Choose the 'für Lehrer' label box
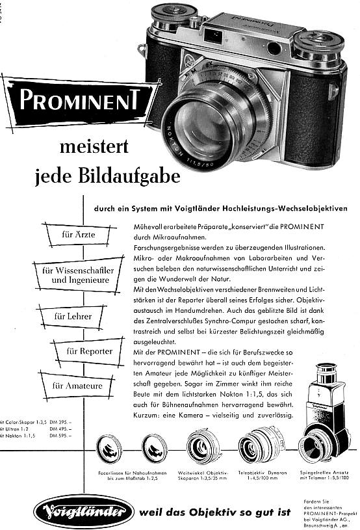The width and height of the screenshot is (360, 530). (73, 317)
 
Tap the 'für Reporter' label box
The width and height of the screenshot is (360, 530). (88, 351)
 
